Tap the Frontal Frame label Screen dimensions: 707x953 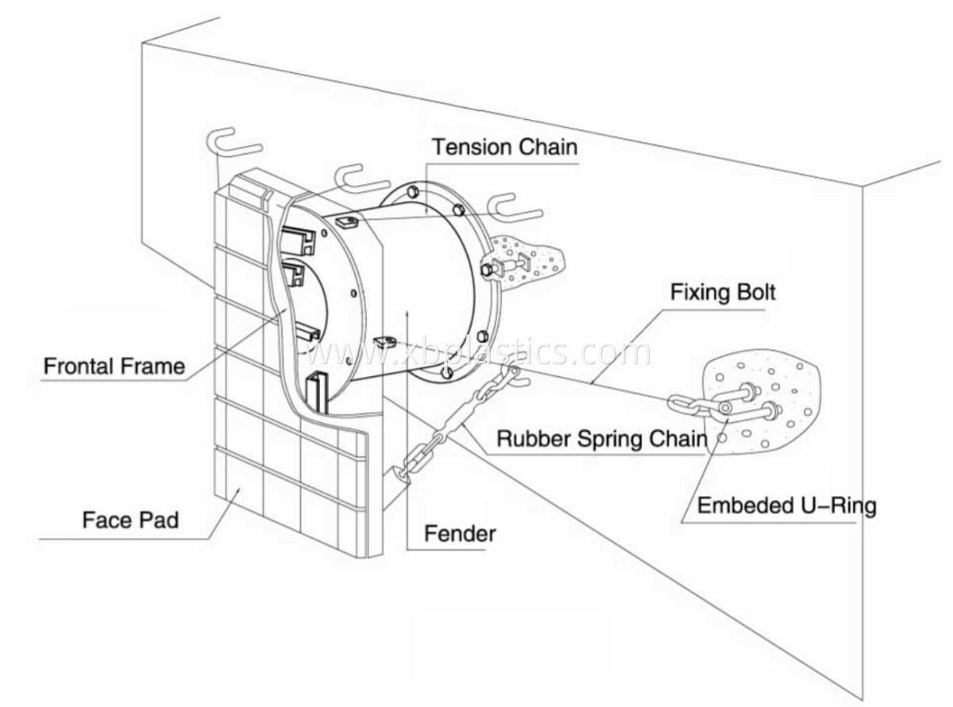[114, 367]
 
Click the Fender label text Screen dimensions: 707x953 [459, 533]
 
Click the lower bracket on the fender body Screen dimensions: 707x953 [384, 342]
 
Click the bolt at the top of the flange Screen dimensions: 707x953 [414, 191]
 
